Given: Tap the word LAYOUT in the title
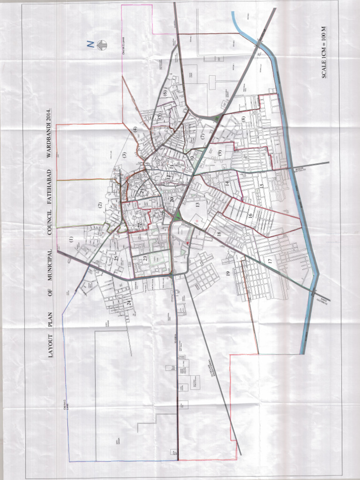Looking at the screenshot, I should [x=51, y=347].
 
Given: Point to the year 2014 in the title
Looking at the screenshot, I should [x=51, y=113].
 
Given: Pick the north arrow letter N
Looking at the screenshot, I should [x=88, y=45].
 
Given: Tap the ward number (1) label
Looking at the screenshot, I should [x=71, y=239].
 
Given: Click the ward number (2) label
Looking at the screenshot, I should [x=99, y=204].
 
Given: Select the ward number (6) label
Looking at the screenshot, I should [x=165, y=93].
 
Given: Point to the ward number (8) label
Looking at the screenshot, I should [x=243, y=119].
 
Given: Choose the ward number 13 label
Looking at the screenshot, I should [x=197, y=204].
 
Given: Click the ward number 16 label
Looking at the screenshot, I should [x=250, y=215].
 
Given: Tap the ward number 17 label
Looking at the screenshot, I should [x=270, y=261].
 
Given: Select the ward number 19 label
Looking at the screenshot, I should [x=227, y=273].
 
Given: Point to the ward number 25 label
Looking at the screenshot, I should [x=116, y=257].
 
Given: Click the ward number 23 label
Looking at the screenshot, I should [x=145, y=257].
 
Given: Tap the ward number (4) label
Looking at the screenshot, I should [x=135, y=129].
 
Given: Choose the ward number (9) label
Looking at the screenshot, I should [x=219, y=152].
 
